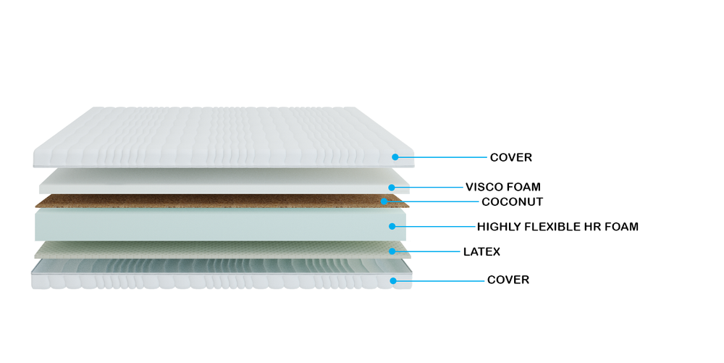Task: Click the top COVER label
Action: (x=510, y=157)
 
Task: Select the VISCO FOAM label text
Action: (x=503, y=187)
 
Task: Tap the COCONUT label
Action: (x=512, y=202)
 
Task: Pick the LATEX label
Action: (x=481, y=251)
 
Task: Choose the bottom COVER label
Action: (x=508, y=280)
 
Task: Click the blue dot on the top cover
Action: (x=395, y=157)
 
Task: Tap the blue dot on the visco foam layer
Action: (x=392, y=188)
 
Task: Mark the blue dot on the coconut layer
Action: (x=384, y=201)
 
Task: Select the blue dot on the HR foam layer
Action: (x=392, y=226)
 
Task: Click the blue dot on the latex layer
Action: (x=392, y=251)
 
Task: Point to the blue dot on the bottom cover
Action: (x=393, y=281)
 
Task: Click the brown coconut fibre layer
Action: (x=222, y=201)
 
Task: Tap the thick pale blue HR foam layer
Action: (x=221, y=224)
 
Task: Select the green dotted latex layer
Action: (x=222, y=249)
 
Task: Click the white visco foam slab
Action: (x=224, y=181)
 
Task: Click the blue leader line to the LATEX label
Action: (x=426, y=251)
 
